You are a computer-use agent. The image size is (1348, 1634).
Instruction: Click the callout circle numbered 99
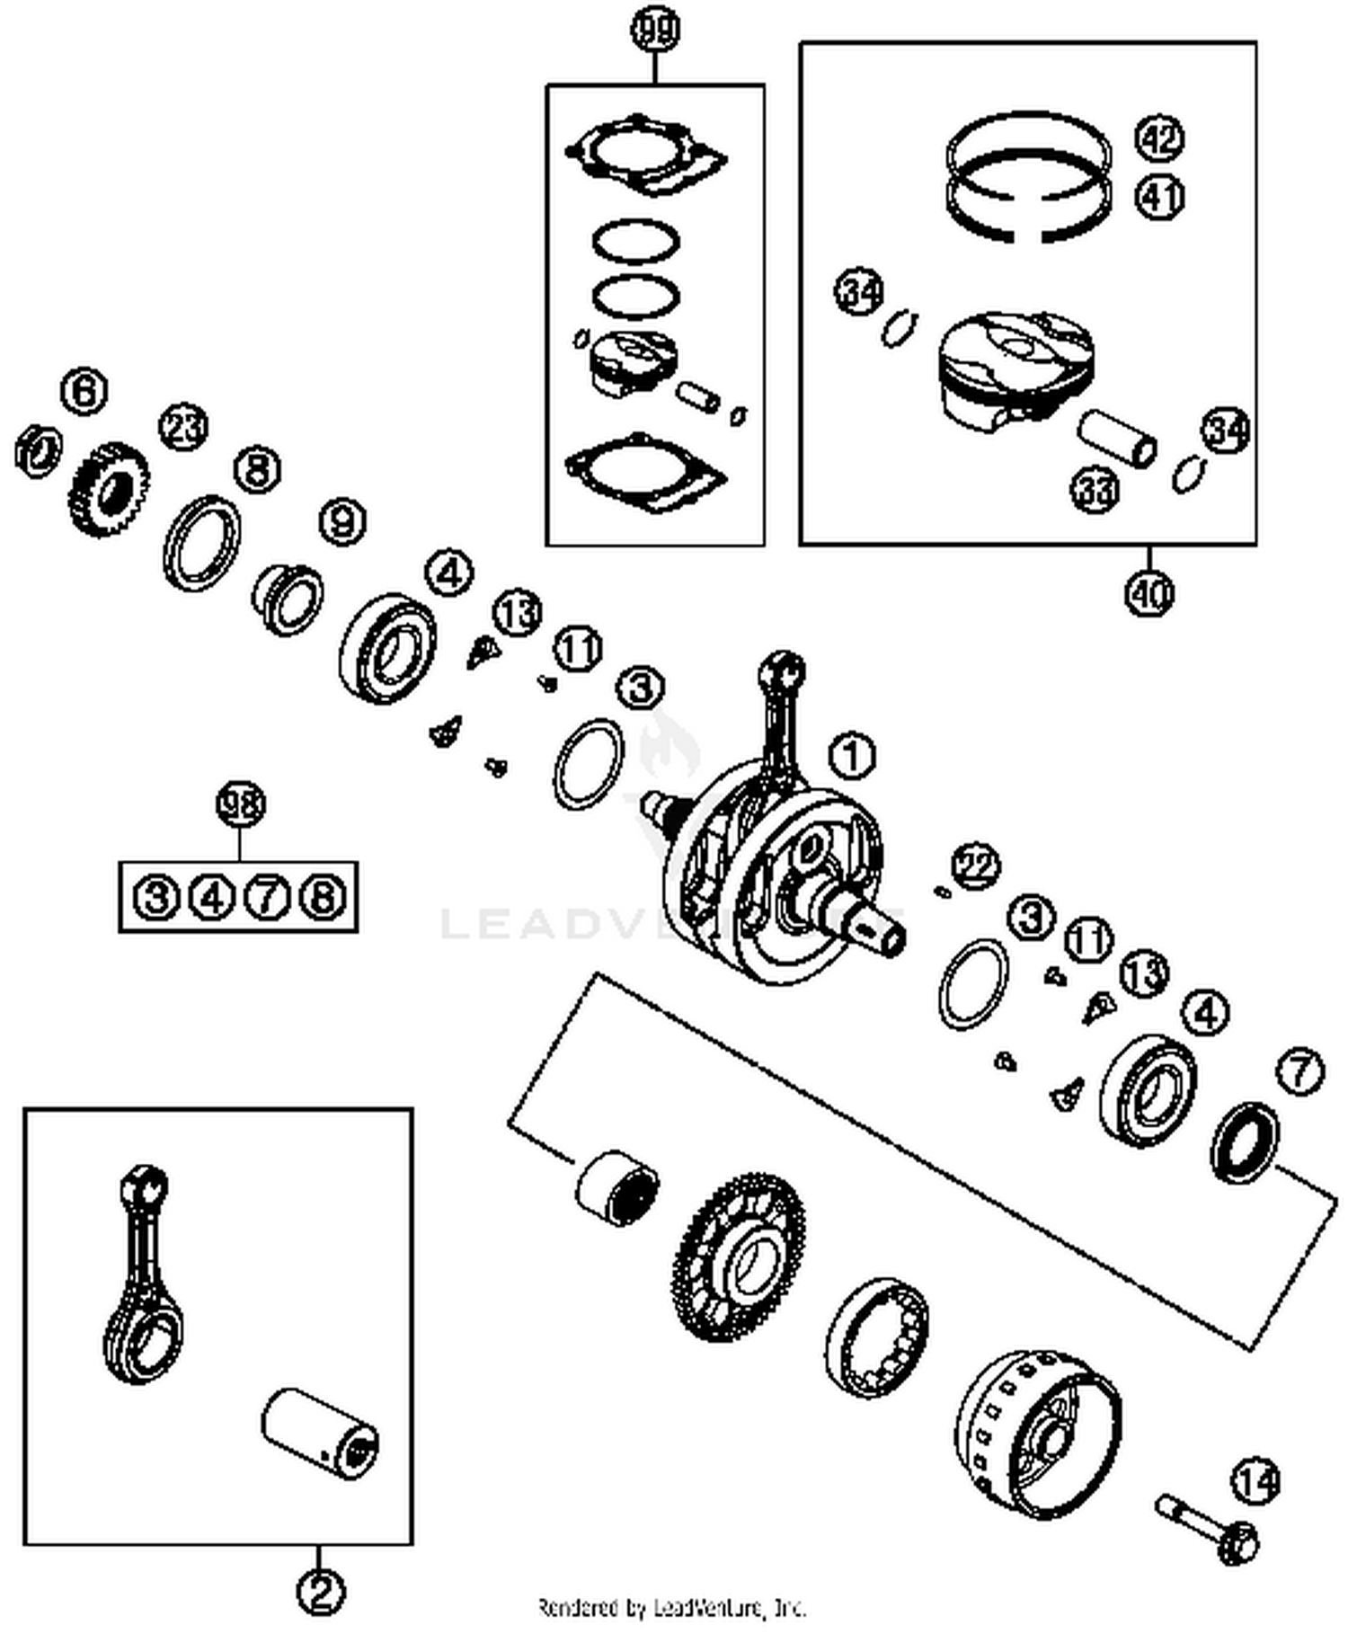point(655,30)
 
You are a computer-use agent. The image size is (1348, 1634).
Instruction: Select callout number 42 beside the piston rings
point(1159,138)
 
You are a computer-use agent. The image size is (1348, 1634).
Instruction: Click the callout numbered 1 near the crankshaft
point(851,756)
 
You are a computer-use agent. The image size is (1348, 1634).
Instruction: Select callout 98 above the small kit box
point(241,803)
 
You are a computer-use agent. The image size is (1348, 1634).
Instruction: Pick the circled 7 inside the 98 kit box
point(267,897)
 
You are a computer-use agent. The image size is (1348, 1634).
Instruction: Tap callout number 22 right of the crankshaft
point(976,866)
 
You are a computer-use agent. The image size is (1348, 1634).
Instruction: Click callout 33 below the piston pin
point(1095,491)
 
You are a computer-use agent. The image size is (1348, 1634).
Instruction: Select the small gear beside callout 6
point(109,490)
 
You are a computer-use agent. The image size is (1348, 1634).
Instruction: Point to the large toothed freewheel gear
point(739,1256)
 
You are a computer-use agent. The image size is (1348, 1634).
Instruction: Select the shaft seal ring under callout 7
point(1245,1141)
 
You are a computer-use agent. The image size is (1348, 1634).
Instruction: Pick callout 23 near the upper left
point(183,427)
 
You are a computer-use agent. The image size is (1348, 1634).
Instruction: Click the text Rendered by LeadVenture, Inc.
point(671,1607)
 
